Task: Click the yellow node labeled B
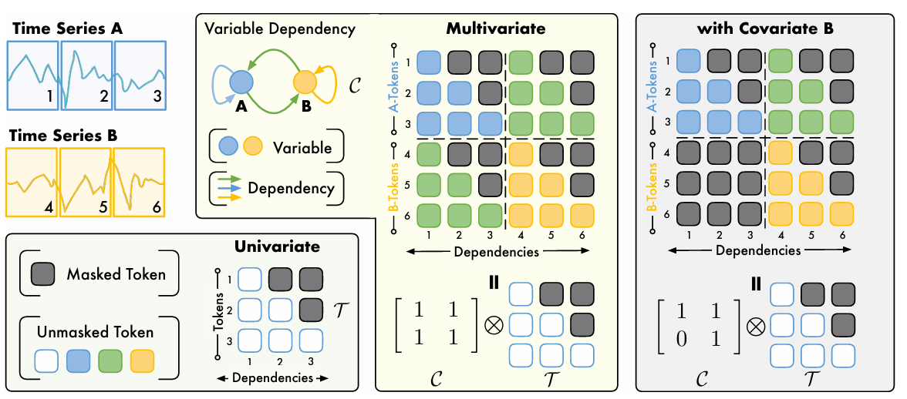tap(305, 81)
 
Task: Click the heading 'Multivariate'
tap(496, 29)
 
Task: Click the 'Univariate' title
tap(277, 248)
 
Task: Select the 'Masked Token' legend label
tap(116, 273)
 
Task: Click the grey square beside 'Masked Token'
tap(44, 273)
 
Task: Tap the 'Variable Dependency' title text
tap(280, 29)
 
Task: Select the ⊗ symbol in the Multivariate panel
tap(494, 325)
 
